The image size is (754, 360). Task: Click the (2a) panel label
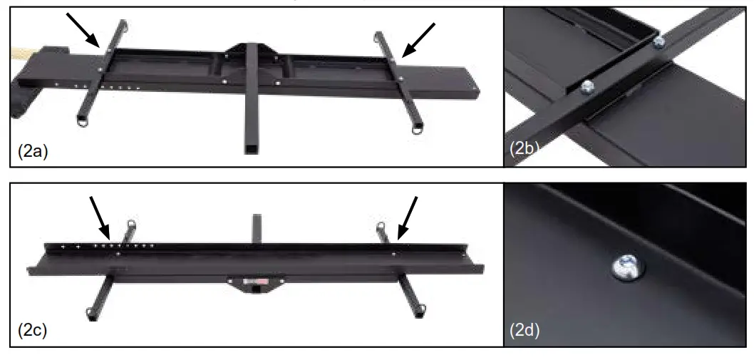[x=32, y=152]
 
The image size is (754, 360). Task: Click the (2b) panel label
[x=526, y=150]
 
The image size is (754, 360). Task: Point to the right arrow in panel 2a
[x=418, y=38]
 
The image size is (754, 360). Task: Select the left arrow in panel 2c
[x=98, y=217]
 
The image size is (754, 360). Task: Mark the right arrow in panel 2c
[x=408, y=217]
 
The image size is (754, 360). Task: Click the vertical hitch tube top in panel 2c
[x=254, y=215]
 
